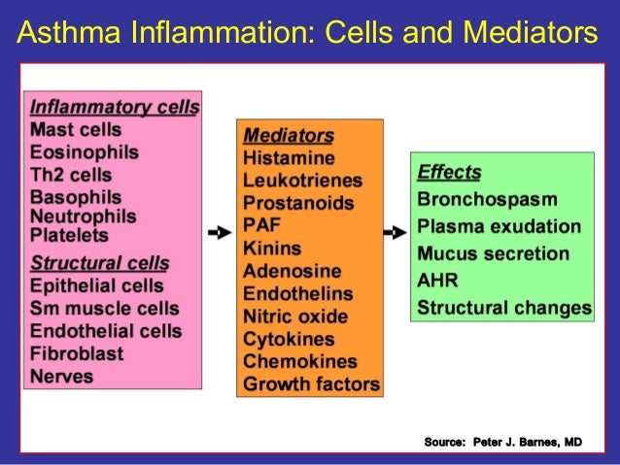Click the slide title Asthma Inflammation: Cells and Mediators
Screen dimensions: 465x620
click(x=308, y=34)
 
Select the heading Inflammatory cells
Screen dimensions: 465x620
click(x=115, y=107)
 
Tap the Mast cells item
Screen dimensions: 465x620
click(x=76, y=129)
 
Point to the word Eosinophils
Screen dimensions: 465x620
click(x=85, y=152)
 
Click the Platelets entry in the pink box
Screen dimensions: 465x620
click(x=70, y=235)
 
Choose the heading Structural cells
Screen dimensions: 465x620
click(x=100, y=263)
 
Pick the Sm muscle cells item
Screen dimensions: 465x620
click(x=105, y=309)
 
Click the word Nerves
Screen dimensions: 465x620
click(x=62, y=376)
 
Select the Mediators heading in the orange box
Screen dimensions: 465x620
click(x=289, y=135)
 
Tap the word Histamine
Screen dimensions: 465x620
click(x=289, y=157)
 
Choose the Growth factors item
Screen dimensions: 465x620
click(x=311, y=384)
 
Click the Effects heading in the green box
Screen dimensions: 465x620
click(x=449, y=174)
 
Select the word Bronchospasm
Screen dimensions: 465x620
click(x=487, y=200)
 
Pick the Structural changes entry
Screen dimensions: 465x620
click(x=504, y=309)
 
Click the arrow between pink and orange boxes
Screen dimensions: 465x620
click(x=219, y=233)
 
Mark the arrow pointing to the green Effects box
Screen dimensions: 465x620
click(x=395, y=233)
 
